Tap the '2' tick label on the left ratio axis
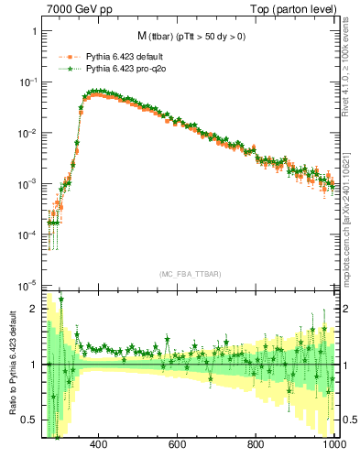coord(34,309)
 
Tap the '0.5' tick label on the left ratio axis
coord(29,420)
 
